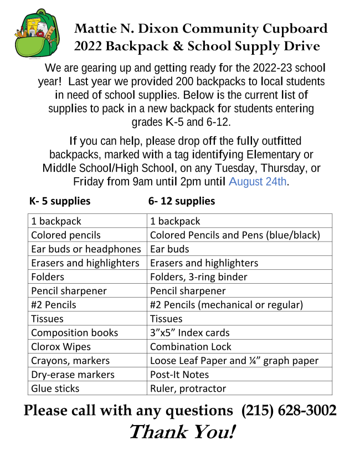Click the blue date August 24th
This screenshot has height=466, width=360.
(258, 181)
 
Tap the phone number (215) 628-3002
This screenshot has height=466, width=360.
(289, 411)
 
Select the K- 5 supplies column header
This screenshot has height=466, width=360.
(60, 201)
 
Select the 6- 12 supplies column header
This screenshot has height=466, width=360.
(182, 201)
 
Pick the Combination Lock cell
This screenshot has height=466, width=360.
(191, 347)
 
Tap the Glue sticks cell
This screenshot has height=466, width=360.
(55, 388)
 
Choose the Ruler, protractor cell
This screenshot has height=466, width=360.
(188, 388)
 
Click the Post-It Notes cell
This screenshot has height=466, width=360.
(179, 375)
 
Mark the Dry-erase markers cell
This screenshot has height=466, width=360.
(73, 375)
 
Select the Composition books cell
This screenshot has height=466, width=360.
(75, 332)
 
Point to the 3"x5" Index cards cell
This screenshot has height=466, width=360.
(190, 332)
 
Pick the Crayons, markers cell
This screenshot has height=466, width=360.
(70, 361)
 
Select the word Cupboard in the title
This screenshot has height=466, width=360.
(294, 29)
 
